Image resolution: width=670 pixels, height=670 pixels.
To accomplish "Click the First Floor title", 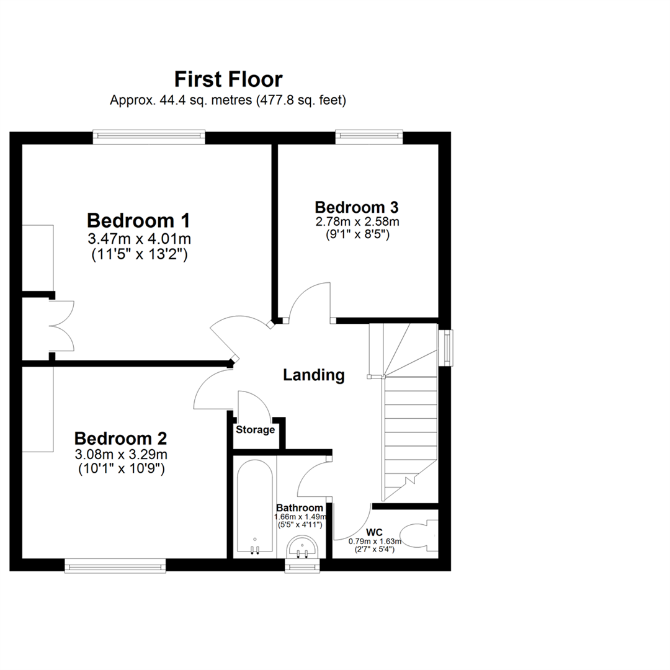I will tap(228, 79).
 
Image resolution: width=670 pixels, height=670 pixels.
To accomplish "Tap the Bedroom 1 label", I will tap(138, 220).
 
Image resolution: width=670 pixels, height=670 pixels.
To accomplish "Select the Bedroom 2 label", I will tap(120, 439).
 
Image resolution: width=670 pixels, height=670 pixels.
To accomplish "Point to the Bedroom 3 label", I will tap(356, 207).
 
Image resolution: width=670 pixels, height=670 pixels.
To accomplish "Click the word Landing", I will tap(313, 375).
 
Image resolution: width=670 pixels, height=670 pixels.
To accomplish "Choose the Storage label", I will tap(254, 429).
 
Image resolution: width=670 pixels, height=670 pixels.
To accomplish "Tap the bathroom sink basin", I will tap(303, 547).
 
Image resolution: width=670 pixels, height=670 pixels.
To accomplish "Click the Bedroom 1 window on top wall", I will tap(149, 135).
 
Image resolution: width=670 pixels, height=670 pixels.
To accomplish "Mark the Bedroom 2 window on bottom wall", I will tap(115, 565).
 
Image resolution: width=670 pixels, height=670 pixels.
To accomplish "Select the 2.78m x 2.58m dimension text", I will tap(356, 221).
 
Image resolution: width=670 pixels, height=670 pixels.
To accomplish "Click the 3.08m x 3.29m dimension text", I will tap(120, 455).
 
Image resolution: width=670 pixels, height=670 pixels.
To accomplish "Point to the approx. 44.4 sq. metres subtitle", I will tap(228, 99).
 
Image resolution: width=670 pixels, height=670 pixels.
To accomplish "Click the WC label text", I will tap(374, 532).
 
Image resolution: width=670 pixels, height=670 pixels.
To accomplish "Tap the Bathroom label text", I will tap(300, 507).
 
